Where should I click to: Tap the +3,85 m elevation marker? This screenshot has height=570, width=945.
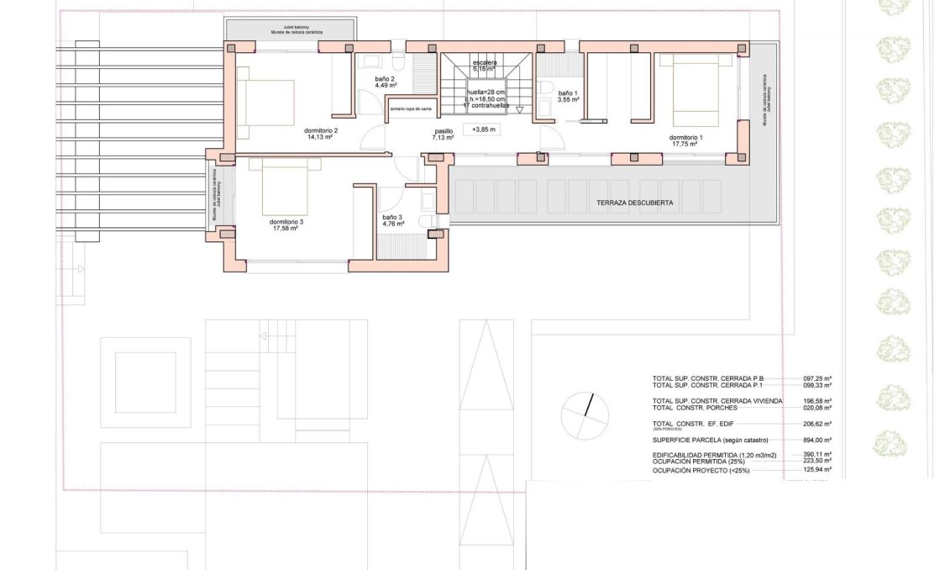click(485, 129)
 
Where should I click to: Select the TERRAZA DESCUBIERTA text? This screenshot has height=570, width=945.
click(634, 203)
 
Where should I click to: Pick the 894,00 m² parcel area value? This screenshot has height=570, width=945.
click(816, 440)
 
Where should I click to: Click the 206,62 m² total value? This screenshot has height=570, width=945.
click(816, 424)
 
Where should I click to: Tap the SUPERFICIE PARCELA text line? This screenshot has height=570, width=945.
click(709, 440)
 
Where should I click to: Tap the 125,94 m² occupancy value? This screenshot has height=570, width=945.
click(816, 471)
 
